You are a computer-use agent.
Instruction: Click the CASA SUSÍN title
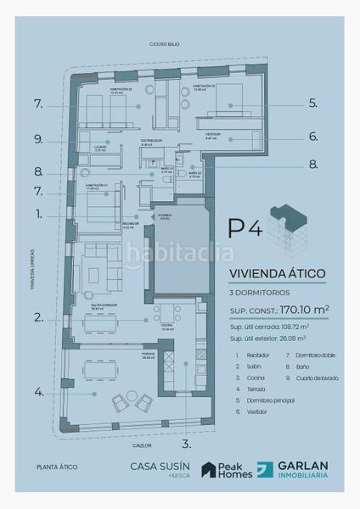point(155,466)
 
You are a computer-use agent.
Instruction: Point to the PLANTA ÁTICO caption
point(53,467)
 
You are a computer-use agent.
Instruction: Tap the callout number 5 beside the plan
point(313,103)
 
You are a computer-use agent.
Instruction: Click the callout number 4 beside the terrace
point(39,392)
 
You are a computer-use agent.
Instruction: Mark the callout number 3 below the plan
point(187,443)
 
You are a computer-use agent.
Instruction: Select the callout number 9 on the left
point(39,139)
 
